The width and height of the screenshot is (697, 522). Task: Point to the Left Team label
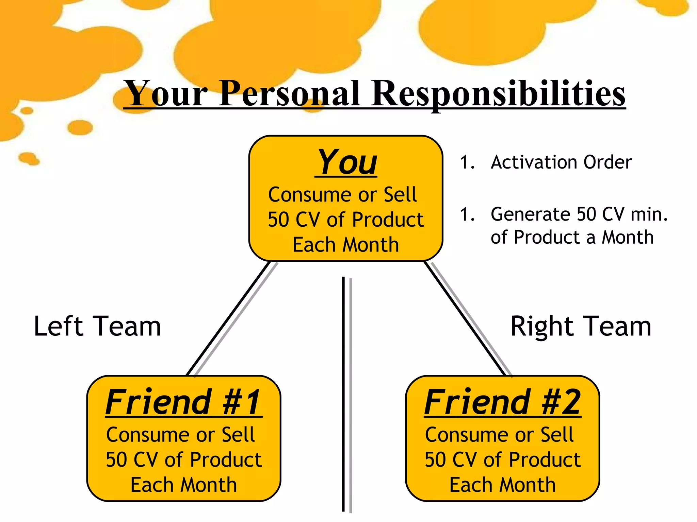click(x=97, y=326)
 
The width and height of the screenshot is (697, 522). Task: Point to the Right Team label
click(x=581, y=326)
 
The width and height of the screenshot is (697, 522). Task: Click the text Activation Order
click(x=561, y=162)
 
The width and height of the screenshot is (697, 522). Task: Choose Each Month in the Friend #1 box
click(x=184, y=485)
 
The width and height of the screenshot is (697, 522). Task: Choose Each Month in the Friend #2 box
click(x=503, y=485)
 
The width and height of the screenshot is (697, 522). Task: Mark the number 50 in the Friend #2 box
click(x=435, y=460)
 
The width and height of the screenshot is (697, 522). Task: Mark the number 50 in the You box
click(x=278, y=220)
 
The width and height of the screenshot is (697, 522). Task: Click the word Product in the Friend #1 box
click(x=226, y=460)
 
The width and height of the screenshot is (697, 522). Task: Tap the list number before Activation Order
click(x=467, y=162)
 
